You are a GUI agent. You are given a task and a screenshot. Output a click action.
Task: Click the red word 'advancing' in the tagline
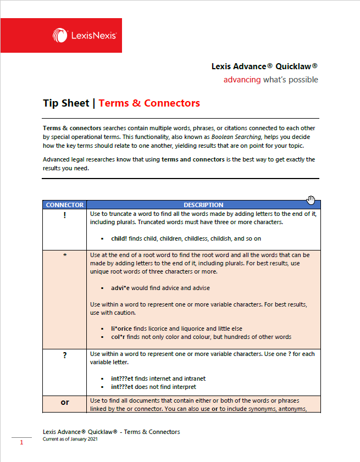[x=242, y=80]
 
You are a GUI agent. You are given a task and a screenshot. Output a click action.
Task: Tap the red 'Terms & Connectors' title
[x=149, y=103]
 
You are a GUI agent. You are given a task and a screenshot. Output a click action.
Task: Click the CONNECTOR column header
[x=65, y=205]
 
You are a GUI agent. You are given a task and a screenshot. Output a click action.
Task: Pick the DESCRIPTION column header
[x=203, y=205]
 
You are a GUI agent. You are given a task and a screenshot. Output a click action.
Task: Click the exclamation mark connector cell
[x=65, y=215]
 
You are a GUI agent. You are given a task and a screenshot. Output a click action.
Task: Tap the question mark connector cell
[x=65, y=355]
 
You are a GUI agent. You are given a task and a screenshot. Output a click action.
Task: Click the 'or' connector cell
[x=65, y=402]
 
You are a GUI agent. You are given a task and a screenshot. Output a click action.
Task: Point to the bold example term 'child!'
[x=119, y=239]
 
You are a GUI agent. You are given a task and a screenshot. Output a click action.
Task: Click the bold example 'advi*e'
[x=122, y=288]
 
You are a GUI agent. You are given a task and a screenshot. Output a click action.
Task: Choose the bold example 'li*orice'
[x=123, y=329]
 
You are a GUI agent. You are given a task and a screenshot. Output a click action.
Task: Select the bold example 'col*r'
[x=120, y=337]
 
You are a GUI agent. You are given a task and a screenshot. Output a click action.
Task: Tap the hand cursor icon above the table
[x=311, y=199]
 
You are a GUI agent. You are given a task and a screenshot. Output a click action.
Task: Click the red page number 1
[x=21, y=442]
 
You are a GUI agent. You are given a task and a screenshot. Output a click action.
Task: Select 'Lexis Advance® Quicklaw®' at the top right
[x=264, y=66]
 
